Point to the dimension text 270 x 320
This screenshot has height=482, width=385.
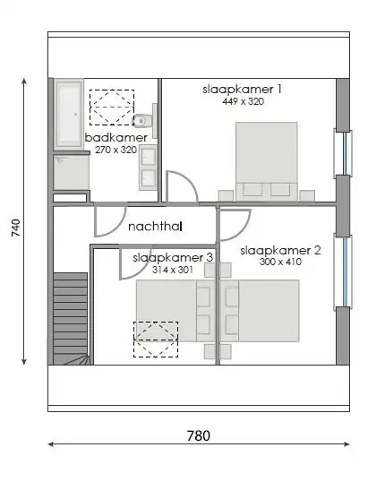coord(115,150)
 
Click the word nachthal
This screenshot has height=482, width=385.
coord(155,227)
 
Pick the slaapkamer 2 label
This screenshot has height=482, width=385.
coord(281,250)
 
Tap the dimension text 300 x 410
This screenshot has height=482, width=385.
coord(279,263)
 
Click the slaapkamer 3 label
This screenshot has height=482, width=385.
coord(173,257)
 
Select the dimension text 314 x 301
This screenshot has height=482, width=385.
coord(172,269)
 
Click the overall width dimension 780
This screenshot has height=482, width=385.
coord(198,436)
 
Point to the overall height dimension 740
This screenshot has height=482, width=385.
coord(15,228)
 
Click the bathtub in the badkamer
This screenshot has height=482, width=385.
coord(68,114)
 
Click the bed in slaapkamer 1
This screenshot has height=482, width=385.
coord(267,159)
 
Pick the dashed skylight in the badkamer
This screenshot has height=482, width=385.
coord(111,107)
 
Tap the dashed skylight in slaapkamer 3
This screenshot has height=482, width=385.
coord(156,340)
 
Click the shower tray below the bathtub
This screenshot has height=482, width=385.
coord(68,173)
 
